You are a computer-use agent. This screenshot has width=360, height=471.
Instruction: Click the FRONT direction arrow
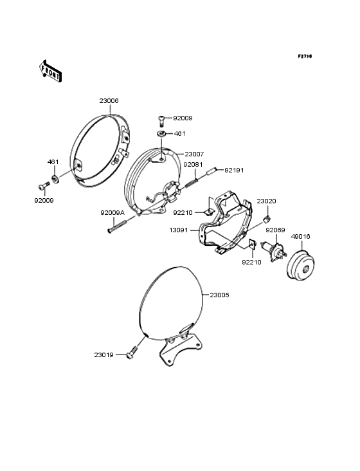click(x=50, y=71)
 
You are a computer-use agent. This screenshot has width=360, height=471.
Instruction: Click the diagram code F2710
click(x=305, y=56)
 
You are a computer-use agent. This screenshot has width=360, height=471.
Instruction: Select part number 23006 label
click(x=109, y=101)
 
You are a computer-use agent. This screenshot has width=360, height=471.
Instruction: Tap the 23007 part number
click(x=194, y=154)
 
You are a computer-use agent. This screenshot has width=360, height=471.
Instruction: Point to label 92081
click(x=193, y=165)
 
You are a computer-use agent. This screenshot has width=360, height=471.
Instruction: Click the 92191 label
click(x=234, y=171)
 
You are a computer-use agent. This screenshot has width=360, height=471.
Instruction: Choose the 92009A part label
click(x=113, y=213)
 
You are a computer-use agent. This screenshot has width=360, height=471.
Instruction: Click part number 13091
click(x=179, y=230)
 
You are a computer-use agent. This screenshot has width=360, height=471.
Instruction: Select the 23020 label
click(x=266, y=201)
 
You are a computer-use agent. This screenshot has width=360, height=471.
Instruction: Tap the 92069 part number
click(x=275, y=230)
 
